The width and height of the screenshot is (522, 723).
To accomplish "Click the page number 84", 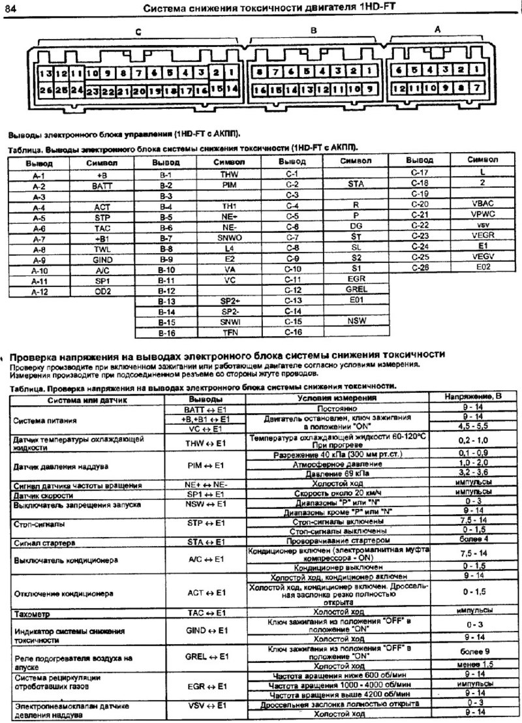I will coord(12,8).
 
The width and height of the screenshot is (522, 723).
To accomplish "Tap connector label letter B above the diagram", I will coord(313,30).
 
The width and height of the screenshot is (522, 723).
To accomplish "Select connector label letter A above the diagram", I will coord(437,29).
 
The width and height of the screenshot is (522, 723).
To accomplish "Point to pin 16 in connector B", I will coord(260,89).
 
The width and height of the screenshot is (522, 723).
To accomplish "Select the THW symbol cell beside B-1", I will coord(228,175).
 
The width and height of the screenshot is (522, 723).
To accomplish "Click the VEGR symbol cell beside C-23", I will coord(482,236).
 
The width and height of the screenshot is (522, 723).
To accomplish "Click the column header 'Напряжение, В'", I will coord(474,397).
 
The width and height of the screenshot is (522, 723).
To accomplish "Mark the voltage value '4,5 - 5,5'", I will coord(474,428).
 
